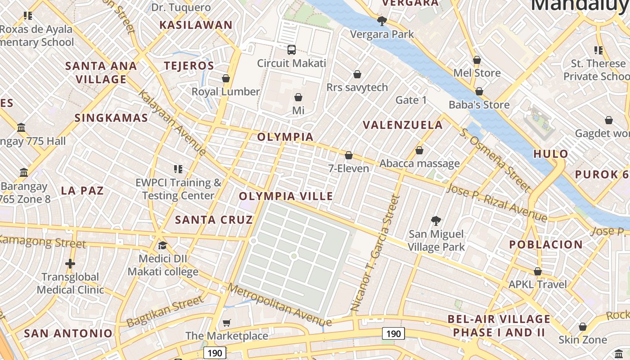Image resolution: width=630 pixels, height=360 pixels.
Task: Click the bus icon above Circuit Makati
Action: tap(291, 49)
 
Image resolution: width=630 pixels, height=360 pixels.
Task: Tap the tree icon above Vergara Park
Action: tap(382, 21)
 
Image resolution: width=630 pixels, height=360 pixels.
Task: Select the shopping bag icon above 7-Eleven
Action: tap(348, 155)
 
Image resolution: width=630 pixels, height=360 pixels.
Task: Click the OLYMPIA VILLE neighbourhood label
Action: tap(286, 196)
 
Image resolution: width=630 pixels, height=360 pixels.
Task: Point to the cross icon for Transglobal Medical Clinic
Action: tap(70, 263)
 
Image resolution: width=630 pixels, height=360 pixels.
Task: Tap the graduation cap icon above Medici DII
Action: tap(162, 245)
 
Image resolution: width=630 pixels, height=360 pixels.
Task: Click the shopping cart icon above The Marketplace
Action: tap(227, 323)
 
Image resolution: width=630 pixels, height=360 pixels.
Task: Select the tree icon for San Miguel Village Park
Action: tap(436, 220)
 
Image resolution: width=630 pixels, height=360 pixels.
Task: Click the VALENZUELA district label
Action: tap(403, 125)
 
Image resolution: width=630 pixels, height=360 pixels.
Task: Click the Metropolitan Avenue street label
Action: tap(279, 305)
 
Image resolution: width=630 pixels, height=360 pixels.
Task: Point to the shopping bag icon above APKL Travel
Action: tap(537, 271)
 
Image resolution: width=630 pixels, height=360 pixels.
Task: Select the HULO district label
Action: tap(550, 154)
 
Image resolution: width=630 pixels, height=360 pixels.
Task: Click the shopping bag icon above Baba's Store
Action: tap(479, 91)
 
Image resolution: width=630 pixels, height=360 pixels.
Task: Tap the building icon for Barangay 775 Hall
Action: tap(21, 128)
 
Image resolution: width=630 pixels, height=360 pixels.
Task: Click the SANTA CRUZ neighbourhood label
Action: tap(214, 220)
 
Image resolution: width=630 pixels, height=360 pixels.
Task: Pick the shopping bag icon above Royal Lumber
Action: tap(226, 78)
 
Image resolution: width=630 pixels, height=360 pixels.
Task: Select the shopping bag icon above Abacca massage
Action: tap(419, 150)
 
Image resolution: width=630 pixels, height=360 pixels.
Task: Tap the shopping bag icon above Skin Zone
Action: tap(583, 326)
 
